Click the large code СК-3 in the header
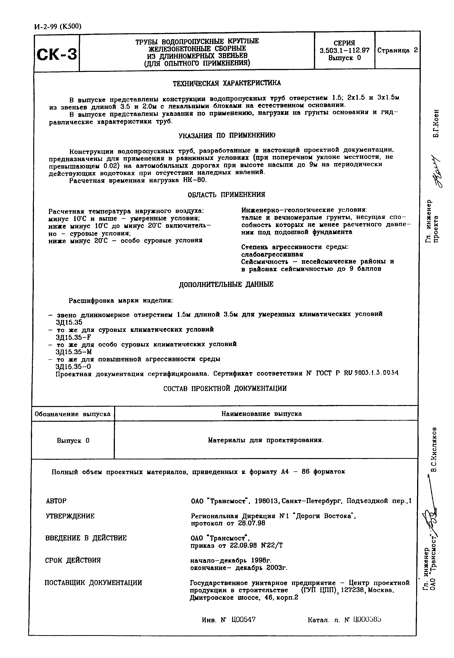(x=57, y=54)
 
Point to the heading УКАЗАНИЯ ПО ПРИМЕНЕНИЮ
(x=227, y=135)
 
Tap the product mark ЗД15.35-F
(x=74, y=337)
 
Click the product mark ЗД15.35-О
(x=73, y=367)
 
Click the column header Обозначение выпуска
(x=73, y=414)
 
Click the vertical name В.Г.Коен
(x=436, y=123)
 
